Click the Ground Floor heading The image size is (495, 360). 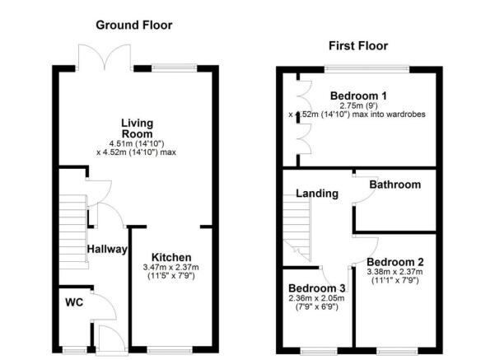[x=134, y=25]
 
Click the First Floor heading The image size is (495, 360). [x=357, y=45]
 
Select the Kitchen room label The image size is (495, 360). [x=171, y=257]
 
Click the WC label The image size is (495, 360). [x=73, y=302]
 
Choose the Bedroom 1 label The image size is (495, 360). [x=358, y=96]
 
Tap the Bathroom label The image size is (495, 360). [x=395, y=185]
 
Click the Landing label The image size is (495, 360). [x=317, y=194]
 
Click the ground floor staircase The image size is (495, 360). [x=73, y=231]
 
